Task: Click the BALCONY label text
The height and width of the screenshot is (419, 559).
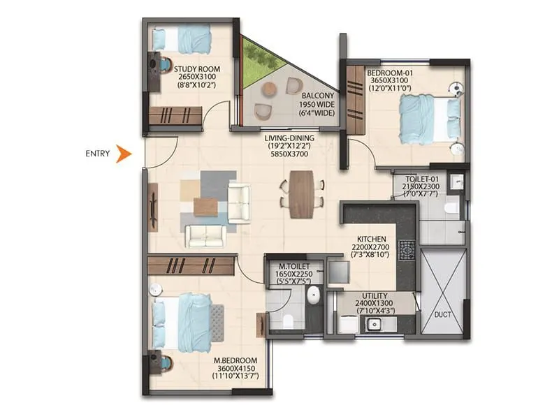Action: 317,96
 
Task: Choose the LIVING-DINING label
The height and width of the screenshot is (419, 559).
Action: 289,138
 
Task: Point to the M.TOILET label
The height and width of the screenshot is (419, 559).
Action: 293,267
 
